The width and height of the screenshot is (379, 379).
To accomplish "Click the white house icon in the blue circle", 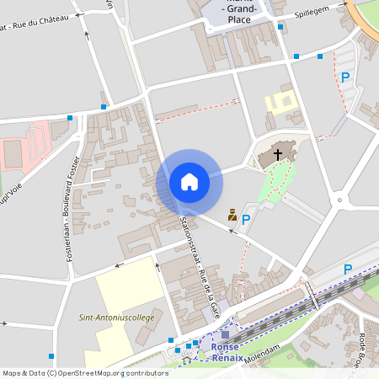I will pos(189,181).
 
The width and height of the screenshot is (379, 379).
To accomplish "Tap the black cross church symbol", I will pos(278,154).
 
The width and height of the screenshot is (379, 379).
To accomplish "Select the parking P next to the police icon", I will pos(246,219).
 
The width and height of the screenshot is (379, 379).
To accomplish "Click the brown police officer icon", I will pos(232,215).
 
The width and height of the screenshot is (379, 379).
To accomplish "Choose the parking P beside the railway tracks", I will pos(347,270).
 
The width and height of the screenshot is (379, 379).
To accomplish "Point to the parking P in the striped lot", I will pos(344,77).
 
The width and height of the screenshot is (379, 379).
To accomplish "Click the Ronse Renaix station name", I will pos(225,350).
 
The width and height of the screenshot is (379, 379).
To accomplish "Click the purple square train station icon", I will pos(225,334).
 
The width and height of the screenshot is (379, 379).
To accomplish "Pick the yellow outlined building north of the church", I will pos(281,104).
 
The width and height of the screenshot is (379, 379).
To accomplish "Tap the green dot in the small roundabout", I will pos(339,200).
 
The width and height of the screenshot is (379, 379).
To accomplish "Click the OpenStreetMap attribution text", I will pos(84,372).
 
